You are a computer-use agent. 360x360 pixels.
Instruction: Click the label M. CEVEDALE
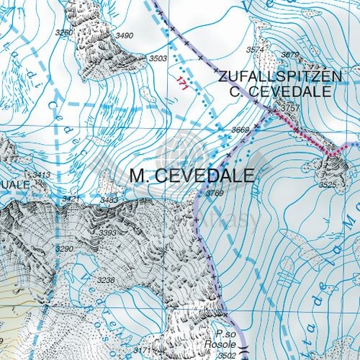[x=193, y=176]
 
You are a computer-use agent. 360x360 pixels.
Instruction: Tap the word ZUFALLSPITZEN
[x=274, y=76]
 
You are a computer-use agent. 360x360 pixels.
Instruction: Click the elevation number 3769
[x=215, y=194]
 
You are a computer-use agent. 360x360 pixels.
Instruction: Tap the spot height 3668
[x=240, y=130]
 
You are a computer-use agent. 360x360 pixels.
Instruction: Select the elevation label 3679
[x=289, y=55]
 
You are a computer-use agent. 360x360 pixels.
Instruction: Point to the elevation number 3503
[x=158, y=58]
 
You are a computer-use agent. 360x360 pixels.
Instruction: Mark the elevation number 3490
[x=125, y=36]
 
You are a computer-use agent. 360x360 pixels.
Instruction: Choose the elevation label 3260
[x=65, y=32]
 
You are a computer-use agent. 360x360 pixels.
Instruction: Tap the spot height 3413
[x=41, y=175]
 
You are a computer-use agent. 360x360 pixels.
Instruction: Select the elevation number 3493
[x=109, y=200]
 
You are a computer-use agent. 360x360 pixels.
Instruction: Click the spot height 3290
[x=65, y=248]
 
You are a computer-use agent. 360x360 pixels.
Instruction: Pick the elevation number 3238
[x=106, y=280]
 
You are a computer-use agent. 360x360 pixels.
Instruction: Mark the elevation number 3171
[x=143, y=351]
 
